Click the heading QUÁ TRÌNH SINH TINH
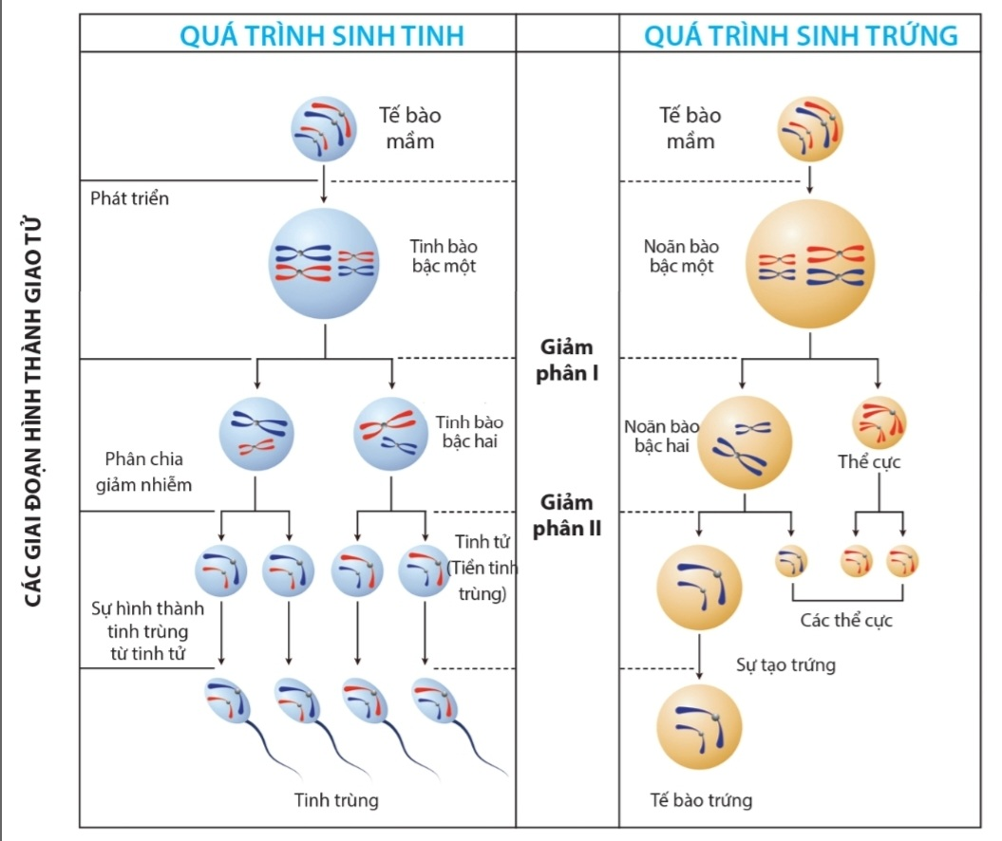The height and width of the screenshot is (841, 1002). (x=323, y=36)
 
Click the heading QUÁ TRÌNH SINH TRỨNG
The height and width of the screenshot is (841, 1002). (x=801, y=36)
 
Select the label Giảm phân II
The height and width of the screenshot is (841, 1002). (x=567, y=514)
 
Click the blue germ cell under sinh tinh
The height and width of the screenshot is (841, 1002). (x=325, y=130)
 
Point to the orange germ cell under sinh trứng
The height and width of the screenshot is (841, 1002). (x=810, y=130)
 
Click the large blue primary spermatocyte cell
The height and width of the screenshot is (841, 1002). (x=325, y=263)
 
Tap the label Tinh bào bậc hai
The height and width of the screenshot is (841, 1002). (x=470, y=431)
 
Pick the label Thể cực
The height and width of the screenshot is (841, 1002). (x=869, y=463)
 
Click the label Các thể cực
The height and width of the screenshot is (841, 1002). (x=846, y=621)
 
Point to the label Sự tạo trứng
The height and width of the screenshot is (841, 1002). (x=785, y=664)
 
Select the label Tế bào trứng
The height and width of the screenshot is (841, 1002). (x=701, y=800)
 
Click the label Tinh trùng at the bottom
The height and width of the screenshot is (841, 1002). (x=336, y=800)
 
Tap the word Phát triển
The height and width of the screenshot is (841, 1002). (x=129, y=199)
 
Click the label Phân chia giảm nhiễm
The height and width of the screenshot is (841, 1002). (x=148, y=472)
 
